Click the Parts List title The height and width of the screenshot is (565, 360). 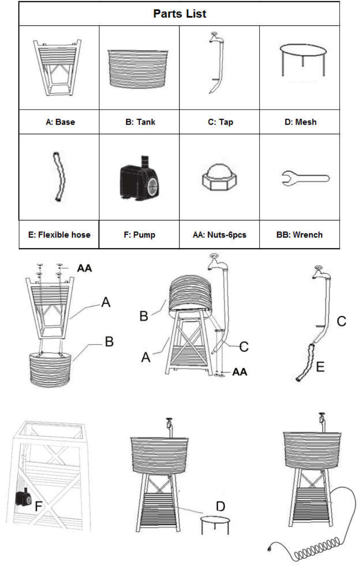(180, 14)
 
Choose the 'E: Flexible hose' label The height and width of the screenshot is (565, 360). (59, 235)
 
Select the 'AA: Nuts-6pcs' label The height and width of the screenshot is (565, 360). (219, 235)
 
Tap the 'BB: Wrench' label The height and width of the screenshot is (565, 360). (299, 235)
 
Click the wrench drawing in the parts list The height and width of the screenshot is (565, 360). (306, 179)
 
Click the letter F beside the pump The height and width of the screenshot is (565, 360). (38, 507)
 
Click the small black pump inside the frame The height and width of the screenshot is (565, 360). (22, 498)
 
